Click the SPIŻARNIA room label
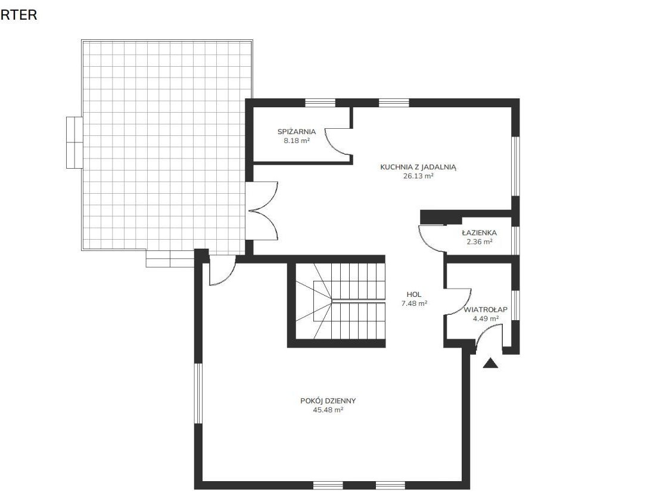coord(297,132)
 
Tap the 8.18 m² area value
coord(297,141)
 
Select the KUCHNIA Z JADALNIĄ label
coord(418,167)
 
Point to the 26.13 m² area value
coord(418,176)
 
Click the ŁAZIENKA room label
coord(479,233)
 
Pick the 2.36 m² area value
coord(479,241)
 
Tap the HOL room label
coord(414,295)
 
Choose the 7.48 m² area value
coord(414,303)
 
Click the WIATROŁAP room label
coord(486,309)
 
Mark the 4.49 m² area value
coord(486,318)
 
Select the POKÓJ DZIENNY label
coord(328,401)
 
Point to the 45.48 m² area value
coord(328,410)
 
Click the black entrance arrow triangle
coord(491,363)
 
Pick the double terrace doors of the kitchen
coord(262,210)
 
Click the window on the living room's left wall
coord(198,393)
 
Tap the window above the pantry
coord(321,103)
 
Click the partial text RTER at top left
coord(18,15)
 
